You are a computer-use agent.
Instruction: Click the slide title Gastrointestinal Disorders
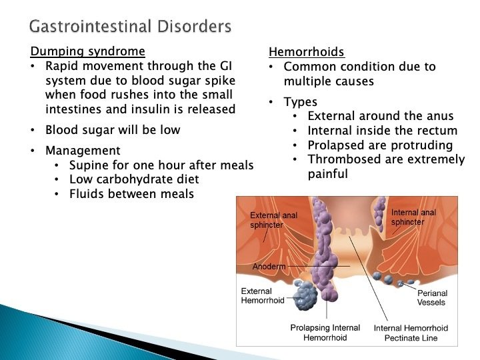click(131, 27)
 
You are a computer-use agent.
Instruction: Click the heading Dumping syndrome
click(87, 51)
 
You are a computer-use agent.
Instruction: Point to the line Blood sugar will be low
click(113, 130)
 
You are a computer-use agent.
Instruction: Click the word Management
click(83, 151)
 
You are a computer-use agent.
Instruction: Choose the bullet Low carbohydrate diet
click(134, 179)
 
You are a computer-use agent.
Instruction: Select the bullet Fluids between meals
click(131, 194)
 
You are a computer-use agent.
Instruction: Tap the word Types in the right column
click(301, 102)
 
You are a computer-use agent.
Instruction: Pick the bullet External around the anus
click(381, 117)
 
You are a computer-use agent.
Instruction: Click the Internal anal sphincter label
click(413, 217)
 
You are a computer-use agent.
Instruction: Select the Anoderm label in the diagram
click(269, 267)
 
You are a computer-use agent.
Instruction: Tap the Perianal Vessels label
click(432, 297)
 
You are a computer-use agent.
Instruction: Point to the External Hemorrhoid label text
click(263, 295)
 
